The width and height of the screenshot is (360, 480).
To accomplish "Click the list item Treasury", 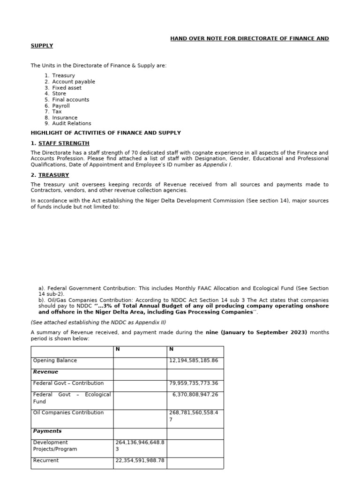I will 63,75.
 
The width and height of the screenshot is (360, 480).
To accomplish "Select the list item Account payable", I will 73,82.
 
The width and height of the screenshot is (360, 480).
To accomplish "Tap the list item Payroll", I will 61,106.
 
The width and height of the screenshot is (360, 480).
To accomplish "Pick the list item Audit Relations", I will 71,124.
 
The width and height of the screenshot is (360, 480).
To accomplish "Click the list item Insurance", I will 65,118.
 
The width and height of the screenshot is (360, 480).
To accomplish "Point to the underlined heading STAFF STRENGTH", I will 64,143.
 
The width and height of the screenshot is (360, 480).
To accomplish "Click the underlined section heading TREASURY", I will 53,175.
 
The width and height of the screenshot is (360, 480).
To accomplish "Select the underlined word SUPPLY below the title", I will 42,45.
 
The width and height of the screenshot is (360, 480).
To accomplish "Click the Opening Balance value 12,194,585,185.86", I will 194,360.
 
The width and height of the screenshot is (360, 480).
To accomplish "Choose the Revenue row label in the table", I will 45,372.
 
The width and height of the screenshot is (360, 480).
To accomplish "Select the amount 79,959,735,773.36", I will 194,383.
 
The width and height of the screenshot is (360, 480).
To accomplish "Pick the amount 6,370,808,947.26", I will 195,395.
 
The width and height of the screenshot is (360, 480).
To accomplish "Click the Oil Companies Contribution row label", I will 68,413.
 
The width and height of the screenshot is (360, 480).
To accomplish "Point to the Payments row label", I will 47,431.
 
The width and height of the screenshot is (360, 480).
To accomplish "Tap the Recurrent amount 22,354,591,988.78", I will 140,461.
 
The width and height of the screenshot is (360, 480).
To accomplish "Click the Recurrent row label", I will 46,461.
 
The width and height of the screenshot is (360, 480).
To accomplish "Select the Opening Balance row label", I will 55,360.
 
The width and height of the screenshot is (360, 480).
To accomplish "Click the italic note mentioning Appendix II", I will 98,322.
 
